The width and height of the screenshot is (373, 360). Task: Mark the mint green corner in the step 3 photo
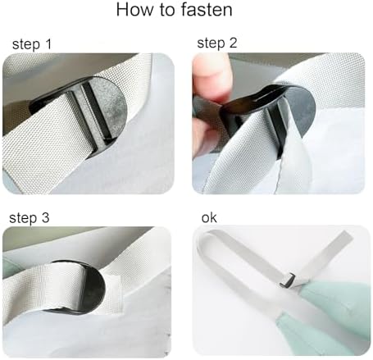coord(12,267)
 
